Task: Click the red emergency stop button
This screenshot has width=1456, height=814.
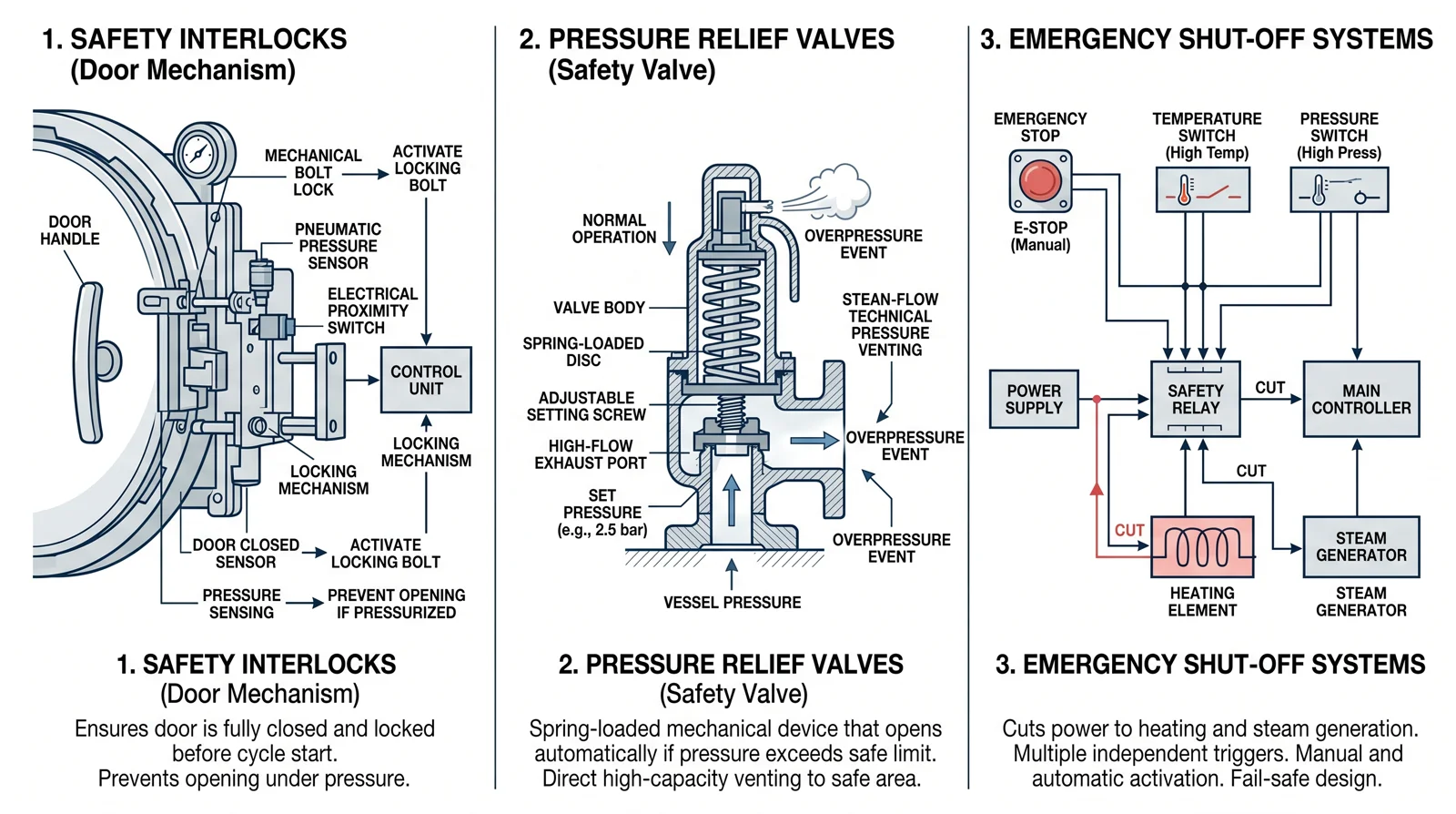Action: [1040, 180]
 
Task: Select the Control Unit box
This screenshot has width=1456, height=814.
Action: [426, 380]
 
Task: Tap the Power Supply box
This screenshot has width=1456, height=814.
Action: [1034, 399]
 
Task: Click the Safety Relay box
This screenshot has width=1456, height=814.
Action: [1196, 399]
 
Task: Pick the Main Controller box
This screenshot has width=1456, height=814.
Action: [1361, 399]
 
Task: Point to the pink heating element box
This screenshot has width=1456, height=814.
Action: [1202, 547]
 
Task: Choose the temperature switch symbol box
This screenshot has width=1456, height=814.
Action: [1202, 190]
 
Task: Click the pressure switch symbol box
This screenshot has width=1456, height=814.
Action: [1339, 190]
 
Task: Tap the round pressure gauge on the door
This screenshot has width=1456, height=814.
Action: [197, 154]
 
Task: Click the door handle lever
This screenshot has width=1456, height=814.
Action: [87, 362]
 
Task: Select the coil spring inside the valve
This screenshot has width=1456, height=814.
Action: [731, 323]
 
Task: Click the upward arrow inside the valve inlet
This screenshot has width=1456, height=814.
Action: [732, 500]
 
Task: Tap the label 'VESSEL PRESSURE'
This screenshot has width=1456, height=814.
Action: [732, 603]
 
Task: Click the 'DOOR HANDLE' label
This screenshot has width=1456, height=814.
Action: [69, 230]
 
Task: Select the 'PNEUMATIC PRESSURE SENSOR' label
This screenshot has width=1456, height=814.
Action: [338, 247]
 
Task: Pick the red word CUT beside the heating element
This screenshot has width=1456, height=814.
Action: [1129, 531]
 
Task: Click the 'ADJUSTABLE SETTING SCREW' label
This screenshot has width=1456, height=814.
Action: [586, 406]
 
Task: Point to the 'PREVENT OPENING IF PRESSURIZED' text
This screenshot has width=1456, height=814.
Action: [396, 604]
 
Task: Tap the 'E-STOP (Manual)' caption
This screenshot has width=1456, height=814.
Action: [1040, 237]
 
